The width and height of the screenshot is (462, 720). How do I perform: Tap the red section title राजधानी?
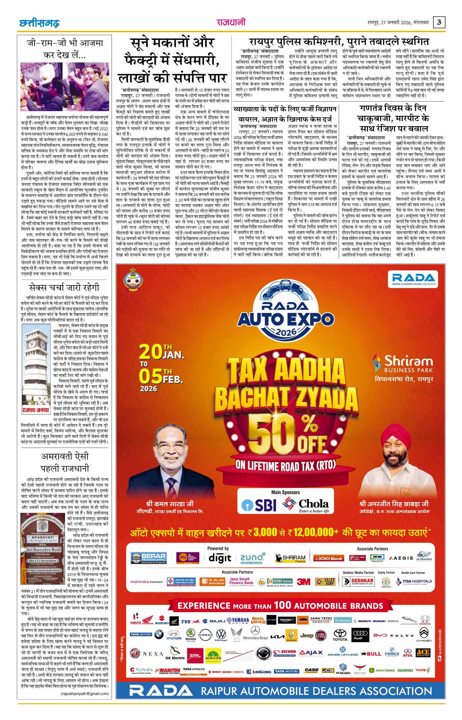click(230, 22)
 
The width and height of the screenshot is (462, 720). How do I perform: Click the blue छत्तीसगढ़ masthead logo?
click(39, 23)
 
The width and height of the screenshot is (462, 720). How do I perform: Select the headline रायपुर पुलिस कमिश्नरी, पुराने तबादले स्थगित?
click(339, 42)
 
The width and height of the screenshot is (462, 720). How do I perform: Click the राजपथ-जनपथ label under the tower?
click(36, 410)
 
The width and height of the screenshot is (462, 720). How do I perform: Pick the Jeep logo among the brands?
click(307, 635)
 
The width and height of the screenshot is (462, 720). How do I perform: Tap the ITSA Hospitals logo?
click(414, 581)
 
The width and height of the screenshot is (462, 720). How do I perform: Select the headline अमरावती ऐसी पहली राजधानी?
click(64, 462)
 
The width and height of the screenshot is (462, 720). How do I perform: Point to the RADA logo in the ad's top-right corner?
click(413, 278)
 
